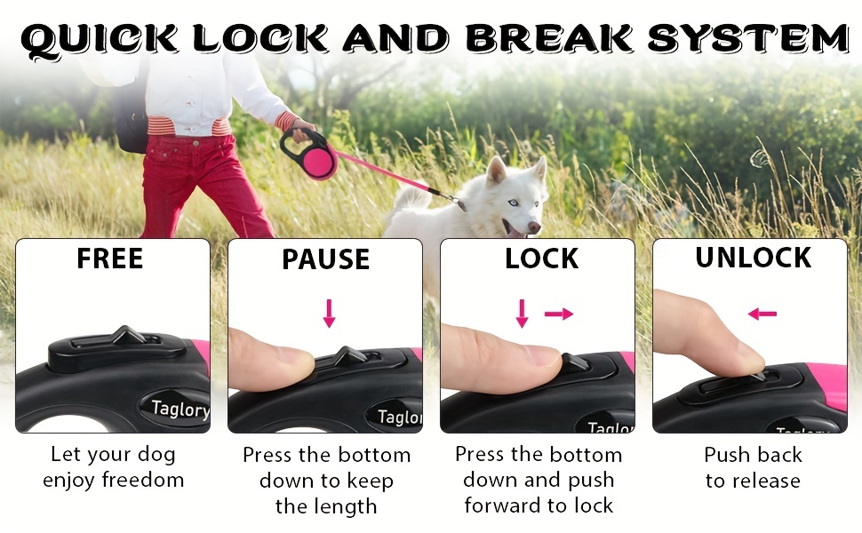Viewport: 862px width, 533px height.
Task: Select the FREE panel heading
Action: coord(110,259)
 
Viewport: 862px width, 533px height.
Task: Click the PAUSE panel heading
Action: coord(325,259)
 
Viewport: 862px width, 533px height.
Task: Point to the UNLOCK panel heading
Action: coord(754,257)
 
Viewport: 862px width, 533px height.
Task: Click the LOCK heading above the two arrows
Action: coord(541,259)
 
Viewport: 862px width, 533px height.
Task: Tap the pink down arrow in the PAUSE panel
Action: coord(330,314)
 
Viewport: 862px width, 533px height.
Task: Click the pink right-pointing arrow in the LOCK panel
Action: coord(559,314)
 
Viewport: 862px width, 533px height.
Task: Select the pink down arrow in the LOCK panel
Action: coord(523,314)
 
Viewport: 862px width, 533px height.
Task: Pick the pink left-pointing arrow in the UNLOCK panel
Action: coord(762,314)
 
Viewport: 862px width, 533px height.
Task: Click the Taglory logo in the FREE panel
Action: coord(180,409)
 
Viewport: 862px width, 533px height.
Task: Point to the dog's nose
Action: coord(533,227)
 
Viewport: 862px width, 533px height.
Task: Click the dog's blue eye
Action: coord(513,203)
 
